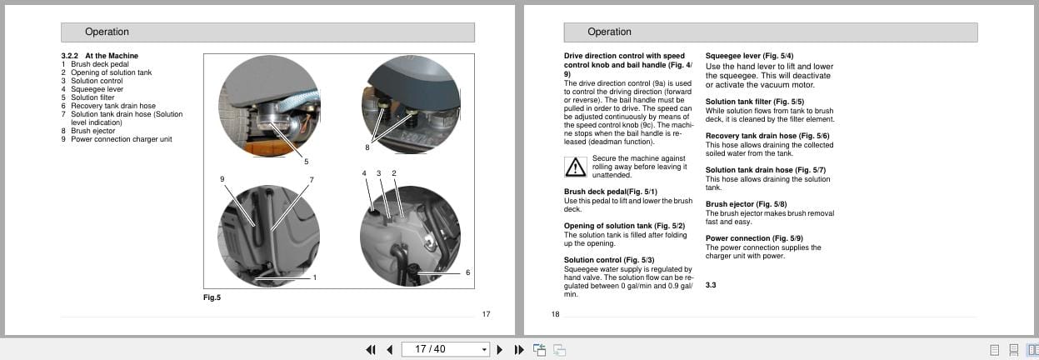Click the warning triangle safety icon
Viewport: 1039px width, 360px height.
[576, 167]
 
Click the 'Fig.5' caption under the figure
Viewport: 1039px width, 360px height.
[212, 297]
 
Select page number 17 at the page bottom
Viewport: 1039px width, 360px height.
[487, 314]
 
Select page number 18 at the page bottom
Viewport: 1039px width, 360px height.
[556, 314]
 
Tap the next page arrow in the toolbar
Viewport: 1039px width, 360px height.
[500, 349]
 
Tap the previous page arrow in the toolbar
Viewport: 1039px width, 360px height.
[389, 349]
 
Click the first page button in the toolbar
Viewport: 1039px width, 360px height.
[371, 349]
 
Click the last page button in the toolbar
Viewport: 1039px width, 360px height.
[518, 349]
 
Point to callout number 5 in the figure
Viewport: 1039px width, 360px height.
[306, 161]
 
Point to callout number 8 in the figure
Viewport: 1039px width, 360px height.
[367, 147]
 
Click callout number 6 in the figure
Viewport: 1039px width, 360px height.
[467, 272]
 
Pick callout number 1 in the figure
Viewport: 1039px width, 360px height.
[314, 277]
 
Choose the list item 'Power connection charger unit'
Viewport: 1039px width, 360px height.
[122, 139]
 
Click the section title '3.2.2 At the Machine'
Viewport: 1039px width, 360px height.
[100, 56]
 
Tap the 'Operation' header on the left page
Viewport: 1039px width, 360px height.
[107, 32]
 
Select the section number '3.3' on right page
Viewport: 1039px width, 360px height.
[711, 285]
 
